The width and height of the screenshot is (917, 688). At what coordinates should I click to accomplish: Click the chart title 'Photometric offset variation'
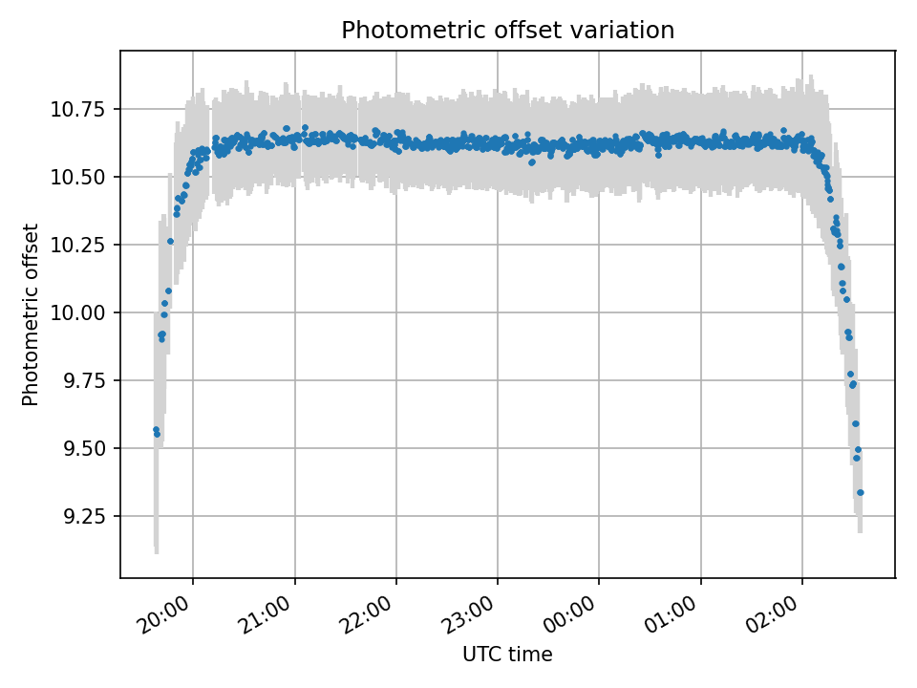point(507,30)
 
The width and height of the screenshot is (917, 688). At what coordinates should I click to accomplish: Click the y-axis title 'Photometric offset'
point(30,314)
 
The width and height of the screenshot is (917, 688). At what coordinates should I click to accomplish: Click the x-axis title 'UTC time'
point(507,654)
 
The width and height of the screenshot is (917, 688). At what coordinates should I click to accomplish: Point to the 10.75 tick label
point(77,109)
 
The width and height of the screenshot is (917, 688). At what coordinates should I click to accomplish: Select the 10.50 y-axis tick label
point(77,178)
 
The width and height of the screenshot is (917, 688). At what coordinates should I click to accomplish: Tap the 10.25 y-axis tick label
point(77,246)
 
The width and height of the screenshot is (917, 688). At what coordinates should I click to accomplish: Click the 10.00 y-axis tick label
point(77,313)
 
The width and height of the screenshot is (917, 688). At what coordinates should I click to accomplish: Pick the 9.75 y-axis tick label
point(84,381)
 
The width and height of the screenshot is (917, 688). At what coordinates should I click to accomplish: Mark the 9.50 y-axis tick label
point(84,449)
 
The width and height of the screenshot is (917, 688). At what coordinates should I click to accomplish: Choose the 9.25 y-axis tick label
point(84,517)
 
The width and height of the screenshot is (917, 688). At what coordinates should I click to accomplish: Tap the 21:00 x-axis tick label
point(267,614)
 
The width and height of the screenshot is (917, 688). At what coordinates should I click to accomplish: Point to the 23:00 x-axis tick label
point(469,614)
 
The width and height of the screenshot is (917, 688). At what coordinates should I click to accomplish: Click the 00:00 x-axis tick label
point(570,614)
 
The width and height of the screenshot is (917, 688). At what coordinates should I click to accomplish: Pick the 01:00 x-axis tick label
point(672,614)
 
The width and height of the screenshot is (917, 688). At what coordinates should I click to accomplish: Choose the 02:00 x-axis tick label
point(773,614)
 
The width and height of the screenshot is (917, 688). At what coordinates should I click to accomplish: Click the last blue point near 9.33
point(861,493)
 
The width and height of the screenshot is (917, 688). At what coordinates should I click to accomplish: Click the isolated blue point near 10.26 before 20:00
point(170,241)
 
